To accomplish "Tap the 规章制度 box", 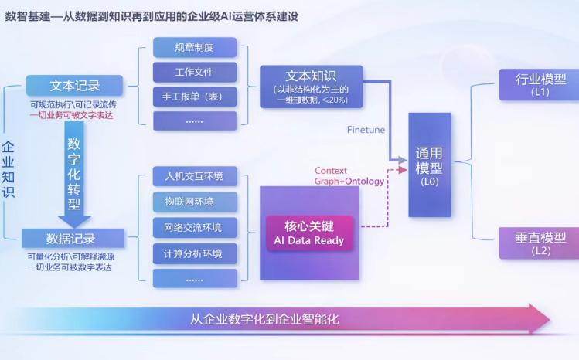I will click(193, 47).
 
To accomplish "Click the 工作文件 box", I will click(193, 72).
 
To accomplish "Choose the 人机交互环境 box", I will click(193, 176).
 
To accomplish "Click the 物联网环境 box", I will click(193, 202).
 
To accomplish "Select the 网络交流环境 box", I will click(193, 227).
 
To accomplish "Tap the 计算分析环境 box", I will click(193, 253).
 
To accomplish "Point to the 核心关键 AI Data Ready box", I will click(309, 233).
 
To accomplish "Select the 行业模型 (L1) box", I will click(540, 84).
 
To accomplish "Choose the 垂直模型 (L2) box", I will click(540, 243).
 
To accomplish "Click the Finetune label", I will click(366, 130).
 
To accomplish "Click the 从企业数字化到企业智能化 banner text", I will click(265, 319).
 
